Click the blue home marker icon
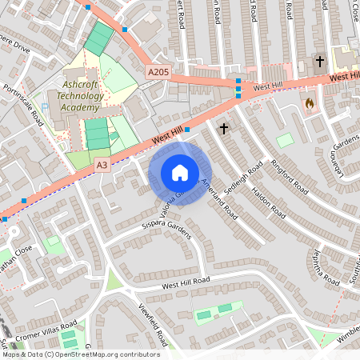pyautogui.click(x=180, y=173)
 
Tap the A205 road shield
pyautogui.click(x=158, y=72)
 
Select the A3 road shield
pyautogui.click(x=102, y=164)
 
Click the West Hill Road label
pyautogui.click(x=185, y=282)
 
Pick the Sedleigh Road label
pyautogui.click(x=245, y=179)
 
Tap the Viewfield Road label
pyautogui.click(x=152, y=321)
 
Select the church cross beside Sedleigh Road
pyautogui.click(x=223, y=127)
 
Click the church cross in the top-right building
pyautogui.click(x=320, y=61)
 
